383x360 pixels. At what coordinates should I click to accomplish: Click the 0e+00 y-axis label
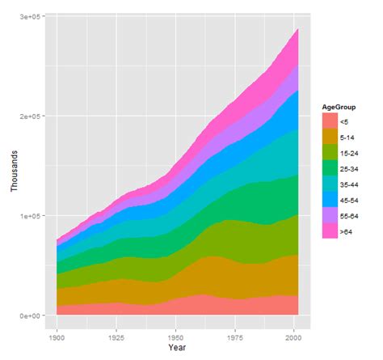pos(31,316)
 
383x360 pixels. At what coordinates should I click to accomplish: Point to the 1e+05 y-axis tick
pos(31,216)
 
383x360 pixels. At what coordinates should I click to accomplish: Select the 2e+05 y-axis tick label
pos(31,116)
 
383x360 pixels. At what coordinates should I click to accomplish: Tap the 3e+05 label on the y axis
pos(31,17)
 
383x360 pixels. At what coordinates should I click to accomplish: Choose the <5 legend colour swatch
pos(329,120)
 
